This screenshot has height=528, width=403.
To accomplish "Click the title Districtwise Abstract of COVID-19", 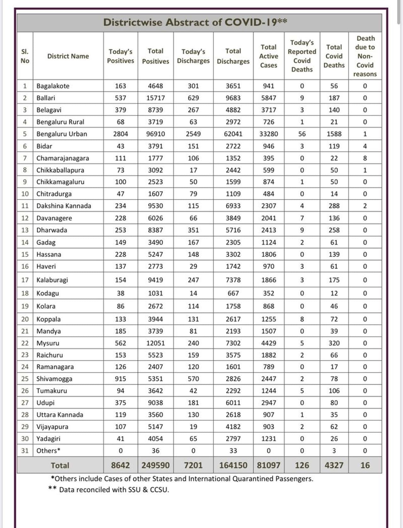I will tap(195, 22).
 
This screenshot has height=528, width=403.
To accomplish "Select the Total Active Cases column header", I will tap(269, 56).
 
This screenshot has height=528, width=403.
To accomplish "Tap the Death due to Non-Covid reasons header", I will tap(365, 56).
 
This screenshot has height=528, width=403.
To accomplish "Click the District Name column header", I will tap(68, 56).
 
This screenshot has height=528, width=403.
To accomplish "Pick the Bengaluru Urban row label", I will tap(62, 134).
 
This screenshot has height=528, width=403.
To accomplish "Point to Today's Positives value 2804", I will tap(121, 134).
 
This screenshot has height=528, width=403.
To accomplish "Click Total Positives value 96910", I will tap(156, 134).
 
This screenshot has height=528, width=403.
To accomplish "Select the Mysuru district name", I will tap(48, 343).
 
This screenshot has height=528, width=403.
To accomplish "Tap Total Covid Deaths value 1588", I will tap(334, 134).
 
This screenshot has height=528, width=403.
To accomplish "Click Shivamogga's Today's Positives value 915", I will tap(121, 379).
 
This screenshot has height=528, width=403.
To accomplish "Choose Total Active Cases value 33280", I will tap(269, 134).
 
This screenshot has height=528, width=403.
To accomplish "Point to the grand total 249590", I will tap(156, 465).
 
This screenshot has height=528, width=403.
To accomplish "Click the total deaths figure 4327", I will tap(334, 465).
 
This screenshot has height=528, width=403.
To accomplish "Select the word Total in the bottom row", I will tap(60, 465).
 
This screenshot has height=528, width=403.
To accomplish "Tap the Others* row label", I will tap(48, 451).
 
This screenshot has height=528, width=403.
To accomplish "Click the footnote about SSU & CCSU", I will tap(109, 490).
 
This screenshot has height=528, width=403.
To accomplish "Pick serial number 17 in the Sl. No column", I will tap(25, 280).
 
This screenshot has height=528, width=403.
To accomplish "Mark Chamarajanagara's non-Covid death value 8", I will tap(365, 158).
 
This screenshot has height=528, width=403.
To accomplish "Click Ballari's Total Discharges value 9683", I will tap(233, 98).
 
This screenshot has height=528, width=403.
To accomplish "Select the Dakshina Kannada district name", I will tap(64, 206).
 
